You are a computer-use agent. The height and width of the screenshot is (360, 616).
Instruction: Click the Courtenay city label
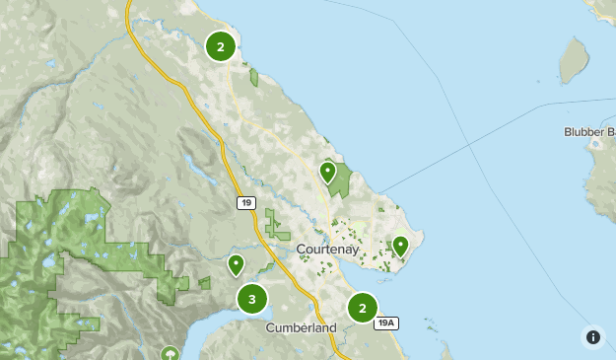pyautogui.click(x=328, y=250)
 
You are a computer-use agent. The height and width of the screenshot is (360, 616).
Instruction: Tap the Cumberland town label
pyautogui.click(x=301, y=327)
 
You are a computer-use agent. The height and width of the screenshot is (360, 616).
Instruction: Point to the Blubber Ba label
pyautogui.click(x=589, y=132)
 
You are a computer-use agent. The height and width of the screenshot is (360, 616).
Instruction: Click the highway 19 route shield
pyautogui.click(x=245, y=202)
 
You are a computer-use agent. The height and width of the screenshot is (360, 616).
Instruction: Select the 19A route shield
pyautogui.click(x=387, y=323)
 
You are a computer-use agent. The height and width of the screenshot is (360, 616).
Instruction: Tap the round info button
pyautogui.click(x=592, y=336)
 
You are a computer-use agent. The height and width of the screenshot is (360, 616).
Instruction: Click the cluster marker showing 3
pyautogui.click(x=252, y=298)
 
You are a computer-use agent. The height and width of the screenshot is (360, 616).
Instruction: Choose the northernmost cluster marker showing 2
pyautogui.click(x=220, y=46)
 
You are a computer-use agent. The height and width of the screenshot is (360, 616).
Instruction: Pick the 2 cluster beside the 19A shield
pyautogui.click(x=363, y=308)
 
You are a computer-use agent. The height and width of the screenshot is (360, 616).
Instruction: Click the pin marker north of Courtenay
pyautogui.click(x=328, y=173)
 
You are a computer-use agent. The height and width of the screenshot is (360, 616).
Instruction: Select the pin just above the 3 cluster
pyautogui.click(x=237, y=264)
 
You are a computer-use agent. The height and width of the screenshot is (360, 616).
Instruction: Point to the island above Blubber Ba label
pyautogui.click(x=574, y=62)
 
